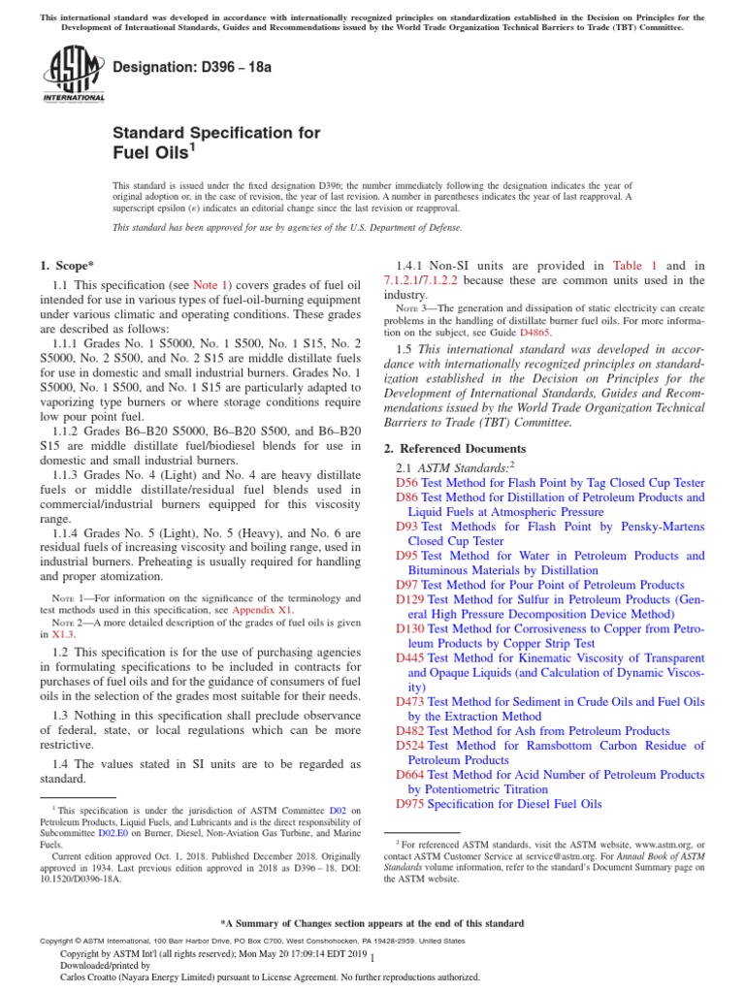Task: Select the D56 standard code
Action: (x=406, y=482)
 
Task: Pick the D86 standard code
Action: (x=406, y=496)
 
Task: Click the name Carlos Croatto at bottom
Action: (x=97, y=977)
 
